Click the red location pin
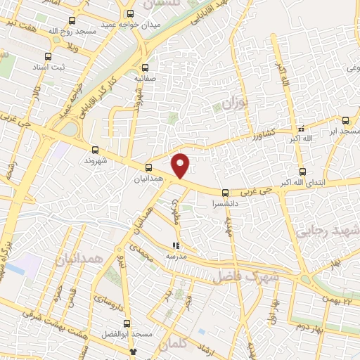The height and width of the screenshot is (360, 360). point(181,165)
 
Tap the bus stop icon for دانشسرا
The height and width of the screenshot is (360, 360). point(226,193)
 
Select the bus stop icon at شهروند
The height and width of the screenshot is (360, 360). point(96,150)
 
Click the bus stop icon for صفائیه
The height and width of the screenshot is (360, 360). point(146,68)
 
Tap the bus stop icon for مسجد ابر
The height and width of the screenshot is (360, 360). point(345,120)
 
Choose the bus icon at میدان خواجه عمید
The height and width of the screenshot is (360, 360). point(129,13)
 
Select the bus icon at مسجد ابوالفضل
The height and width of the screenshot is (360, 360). point(127,323)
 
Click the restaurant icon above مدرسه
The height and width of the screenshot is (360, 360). point(175,246)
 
